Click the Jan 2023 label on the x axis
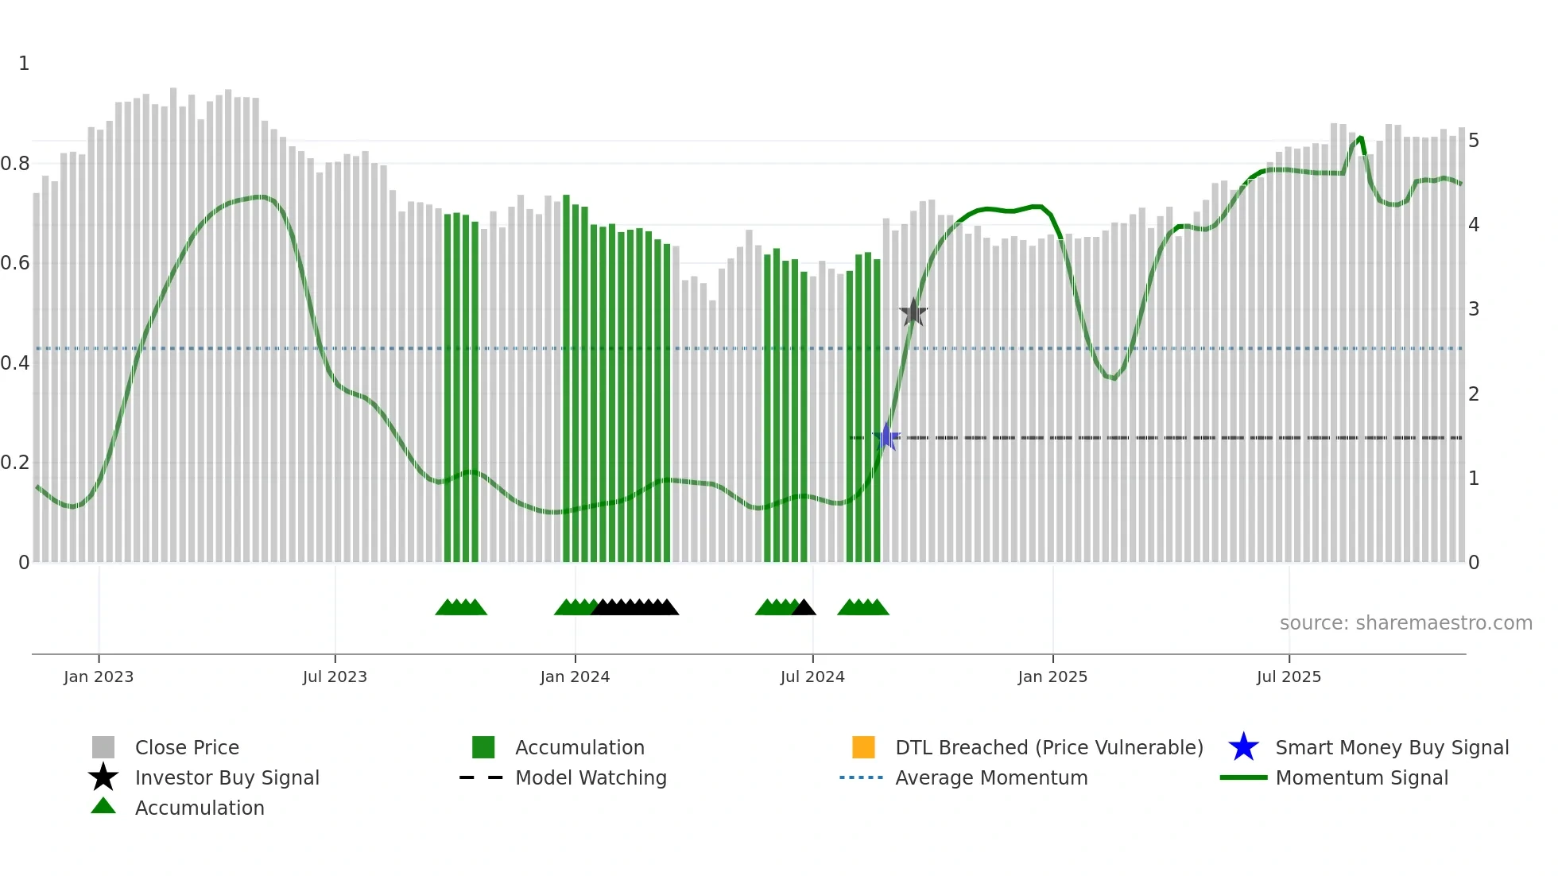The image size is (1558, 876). click(x=99, y=676)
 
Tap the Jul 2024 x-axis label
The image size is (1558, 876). click(x=812, y=676)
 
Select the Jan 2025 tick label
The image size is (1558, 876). click(x=1052, y=676)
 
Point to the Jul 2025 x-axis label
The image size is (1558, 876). click(x=1289, y=676)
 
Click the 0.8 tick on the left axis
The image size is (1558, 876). click(x=15, y=164)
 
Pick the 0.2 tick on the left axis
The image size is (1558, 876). click(x=15, y=463)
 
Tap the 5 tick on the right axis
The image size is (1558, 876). click(x=1474, y=141)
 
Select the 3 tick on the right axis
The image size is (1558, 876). click(x=1474, y=309)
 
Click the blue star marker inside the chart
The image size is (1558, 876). click(x=886, y=437)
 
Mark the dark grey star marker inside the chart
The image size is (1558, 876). click(x=913, y=312)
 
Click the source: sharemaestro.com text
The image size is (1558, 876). click(x=1405, y=623)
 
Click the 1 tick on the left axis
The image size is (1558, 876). click(x=24, y=64)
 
